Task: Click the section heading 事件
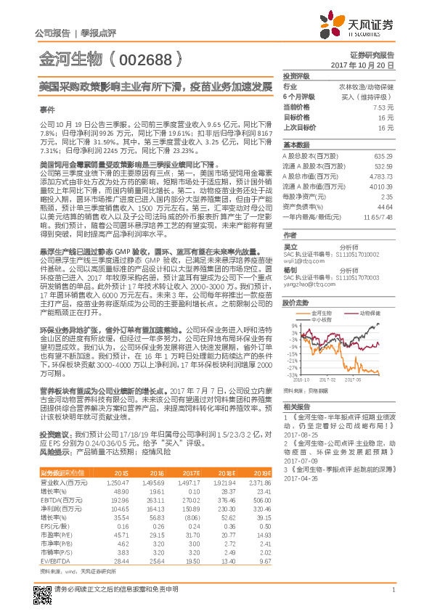[47, 110]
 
